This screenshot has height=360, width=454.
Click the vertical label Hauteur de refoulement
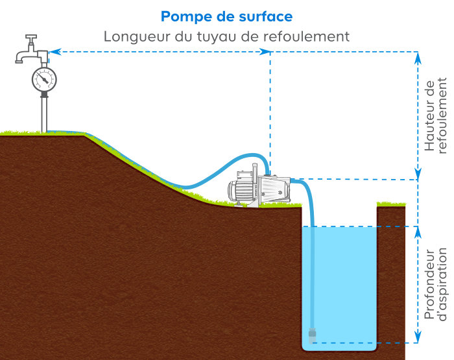click(x=435, y=115)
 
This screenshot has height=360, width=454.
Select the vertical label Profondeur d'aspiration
click(x=435, y=284)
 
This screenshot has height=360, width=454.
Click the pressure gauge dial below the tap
click(x=44, y=79)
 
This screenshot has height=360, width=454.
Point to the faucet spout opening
click(x=19, y=62)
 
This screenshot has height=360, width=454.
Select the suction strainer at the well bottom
click(x=312, y=335)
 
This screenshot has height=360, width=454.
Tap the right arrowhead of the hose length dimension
click(x=265, y=52)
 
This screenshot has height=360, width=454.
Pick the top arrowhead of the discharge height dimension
click(x=418, y=58)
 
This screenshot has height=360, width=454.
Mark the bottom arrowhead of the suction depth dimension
click(x=418, y=337)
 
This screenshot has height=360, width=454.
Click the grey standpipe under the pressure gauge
click(x=44, y=115)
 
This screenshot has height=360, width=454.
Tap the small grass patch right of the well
click(x=391, y=204)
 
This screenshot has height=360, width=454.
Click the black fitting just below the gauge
click(x=44, y=95)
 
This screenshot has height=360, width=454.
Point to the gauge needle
click(x=43, y=78)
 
